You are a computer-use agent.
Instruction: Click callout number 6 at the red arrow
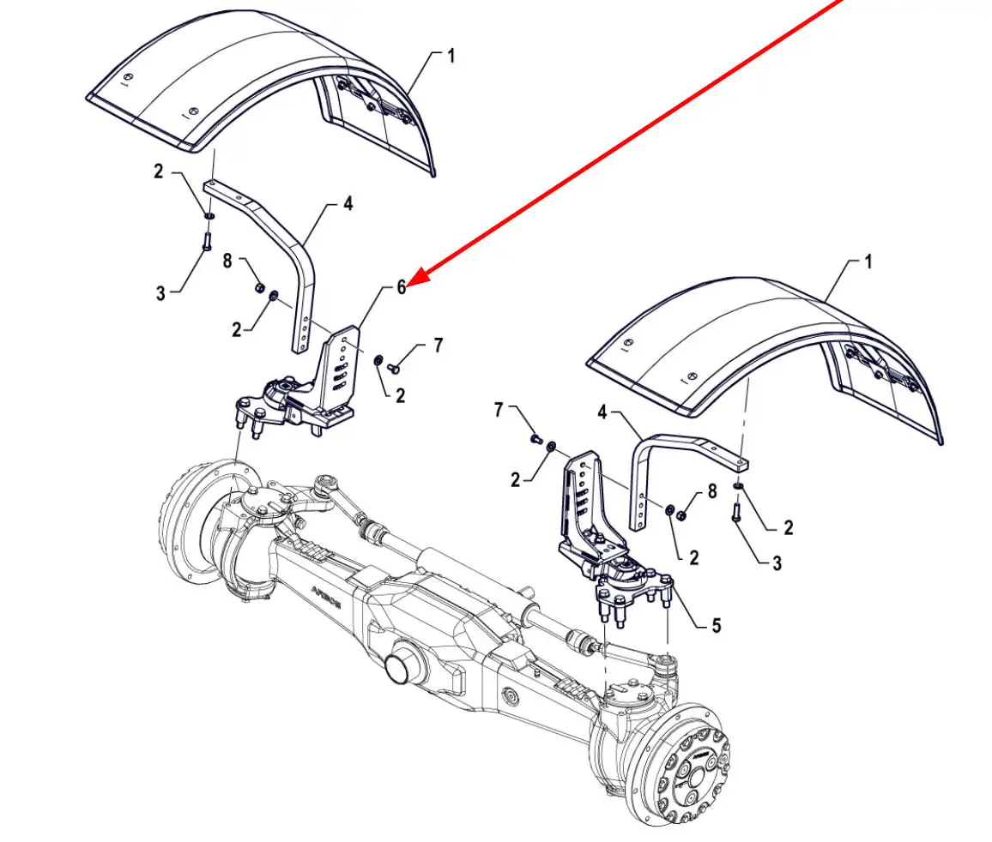tap(401, 287)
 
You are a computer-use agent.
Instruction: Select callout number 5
tap(717, 626)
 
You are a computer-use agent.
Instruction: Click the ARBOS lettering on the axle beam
tap(326, 596)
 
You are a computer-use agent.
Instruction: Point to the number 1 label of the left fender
tap(451, 57)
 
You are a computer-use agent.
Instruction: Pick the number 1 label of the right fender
tap(868, 261)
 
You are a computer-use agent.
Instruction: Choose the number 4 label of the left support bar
tap(348, 203)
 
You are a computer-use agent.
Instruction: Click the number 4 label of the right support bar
tap(602, 412)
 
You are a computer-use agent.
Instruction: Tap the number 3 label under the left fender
tap(160, 292)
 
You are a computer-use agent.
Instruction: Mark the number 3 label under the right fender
tap(777, 562)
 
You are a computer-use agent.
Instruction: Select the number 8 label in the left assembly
tap(227, 260)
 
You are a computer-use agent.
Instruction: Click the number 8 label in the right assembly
tap(712, 491)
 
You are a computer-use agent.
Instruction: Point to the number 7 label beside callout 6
tap(439, 346)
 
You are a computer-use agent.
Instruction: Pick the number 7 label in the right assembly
tap(499, 410)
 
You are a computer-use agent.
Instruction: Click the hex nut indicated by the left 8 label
tap(259, 287)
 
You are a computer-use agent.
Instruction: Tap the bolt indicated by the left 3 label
tap(207, 242)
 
